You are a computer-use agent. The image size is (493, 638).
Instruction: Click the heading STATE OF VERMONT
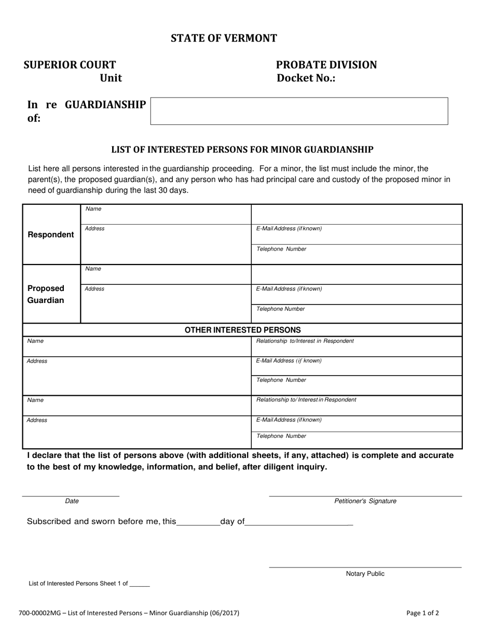224,38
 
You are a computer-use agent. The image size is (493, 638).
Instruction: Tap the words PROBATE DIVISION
326,65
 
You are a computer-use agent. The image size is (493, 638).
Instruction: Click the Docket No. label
306,78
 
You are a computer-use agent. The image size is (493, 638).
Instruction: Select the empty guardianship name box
299,111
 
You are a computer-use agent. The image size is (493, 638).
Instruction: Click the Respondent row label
51,234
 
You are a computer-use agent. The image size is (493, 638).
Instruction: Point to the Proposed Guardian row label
46,294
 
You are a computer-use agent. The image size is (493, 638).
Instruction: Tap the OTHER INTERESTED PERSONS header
242,330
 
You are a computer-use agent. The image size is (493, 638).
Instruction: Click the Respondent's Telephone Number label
281,249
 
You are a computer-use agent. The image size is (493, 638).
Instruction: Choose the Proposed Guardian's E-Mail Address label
289,289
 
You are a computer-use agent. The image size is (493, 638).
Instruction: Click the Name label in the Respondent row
93,209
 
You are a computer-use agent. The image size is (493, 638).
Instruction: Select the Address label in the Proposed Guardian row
94,289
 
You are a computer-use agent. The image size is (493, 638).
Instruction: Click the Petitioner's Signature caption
365,501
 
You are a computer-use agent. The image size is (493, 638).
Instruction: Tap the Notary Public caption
365,574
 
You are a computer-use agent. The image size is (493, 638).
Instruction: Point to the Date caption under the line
72,501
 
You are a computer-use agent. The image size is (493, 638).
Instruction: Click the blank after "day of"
298,522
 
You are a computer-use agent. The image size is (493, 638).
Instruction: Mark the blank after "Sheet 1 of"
140,584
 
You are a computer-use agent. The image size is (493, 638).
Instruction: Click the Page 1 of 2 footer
422,613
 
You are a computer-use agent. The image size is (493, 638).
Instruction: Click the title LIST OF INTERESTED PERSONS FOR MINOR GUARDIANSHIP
242,150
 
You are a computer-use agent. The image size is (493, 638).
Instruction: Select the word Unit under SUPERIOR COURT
111,78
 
